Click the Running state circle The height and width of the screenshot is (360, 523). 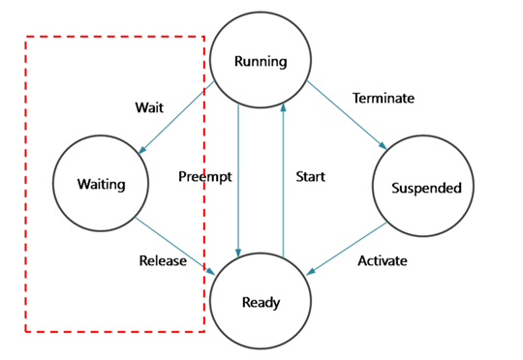[x=261, y=62]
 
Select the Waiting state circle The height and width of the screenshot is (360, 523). [x=101, y=184]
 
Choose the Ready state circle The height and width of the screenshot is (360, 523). [x=261, y=303]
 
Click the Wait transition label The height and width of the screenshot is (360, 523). [x=149, y=107]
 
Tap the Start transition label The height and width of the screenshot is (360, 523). [x=310, y=176]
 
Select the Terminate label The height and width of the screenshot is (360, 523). [x=383, y=98]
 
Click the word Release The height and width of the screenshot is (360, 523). [x=163, y=261]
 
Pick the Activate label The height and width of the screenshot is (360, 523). [x=382, y=261]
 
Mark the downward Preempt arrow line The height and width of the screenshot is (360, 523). [x=238, y=184]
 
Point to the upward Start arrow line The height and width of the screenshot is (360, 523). [x=283, y=184]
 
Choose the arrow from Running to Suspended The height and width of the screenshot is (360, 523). [x=349, y=116]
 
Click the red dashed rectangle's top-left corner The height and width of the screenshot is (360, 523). [x=25, y=38]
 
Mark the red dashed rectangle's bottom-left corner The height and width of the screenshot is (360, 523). [x=25, y=331]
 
